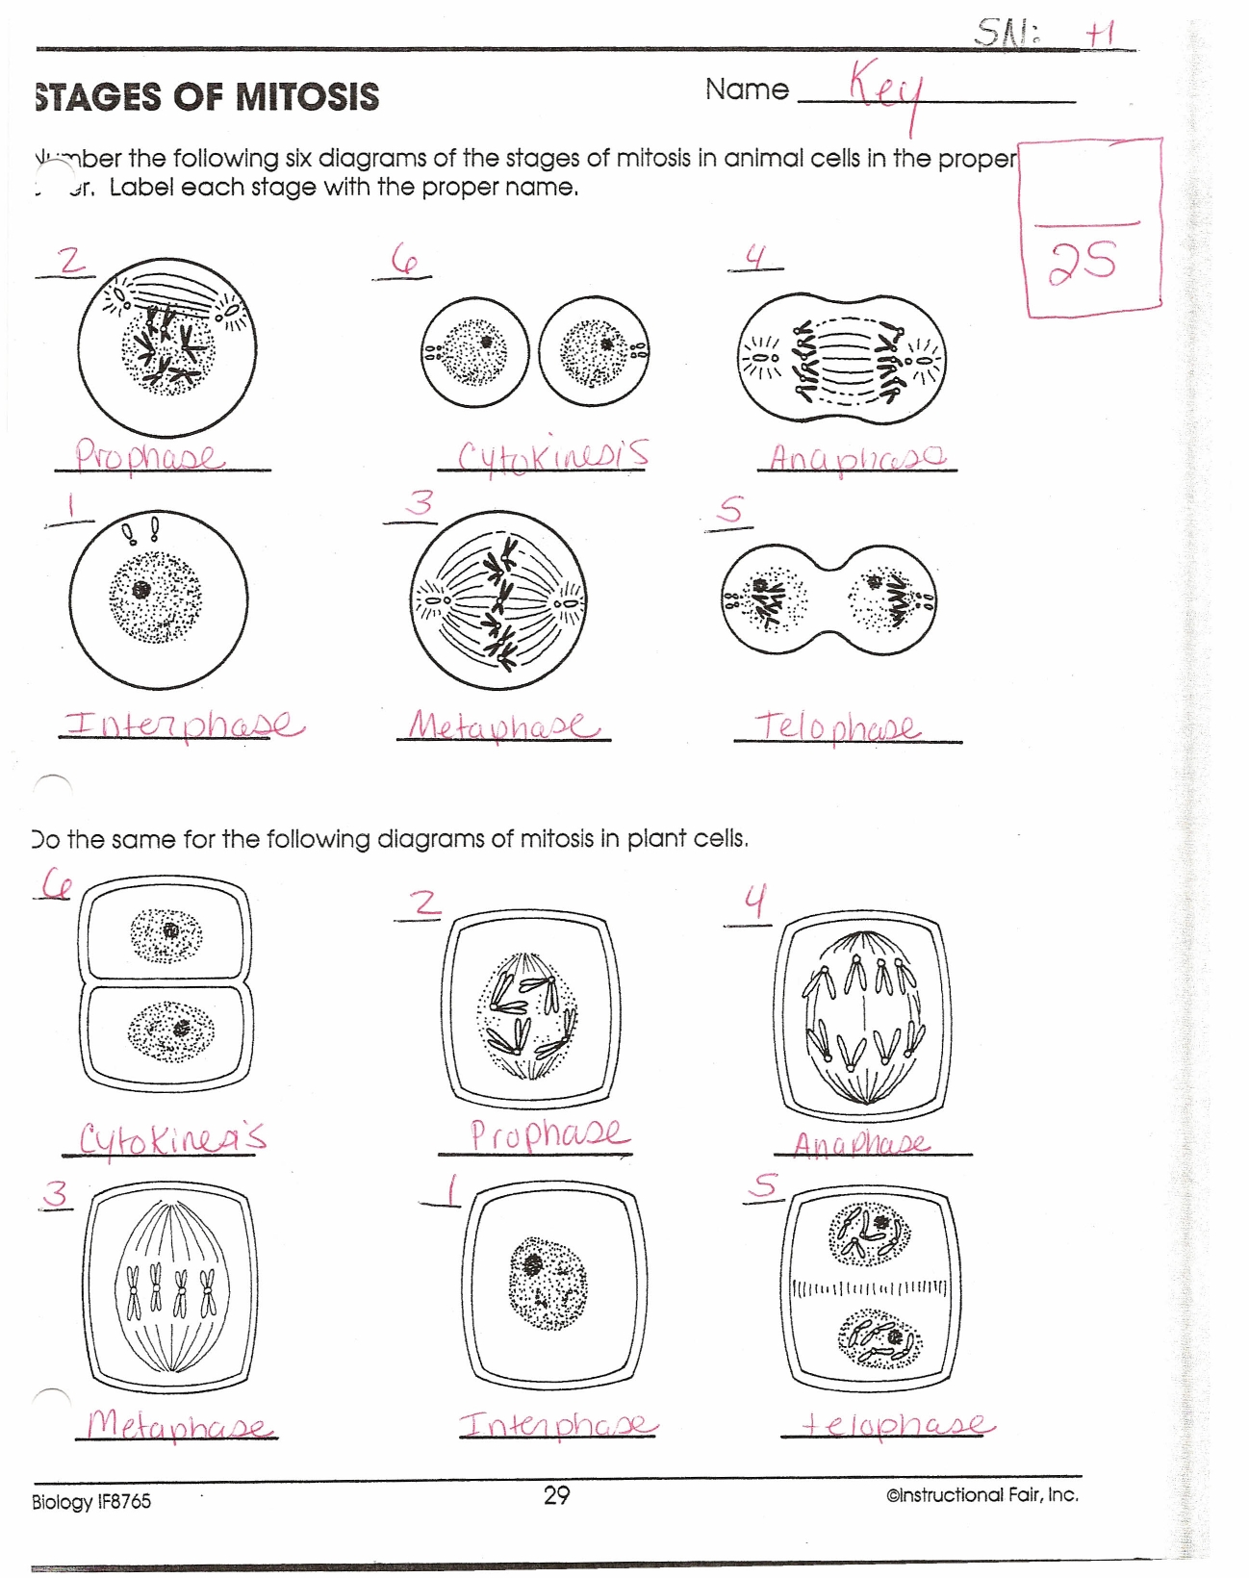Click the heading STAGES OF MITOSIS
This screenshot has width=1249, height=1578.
[207, 97]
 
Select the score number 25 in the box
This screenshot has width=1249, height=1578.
[1083, 263]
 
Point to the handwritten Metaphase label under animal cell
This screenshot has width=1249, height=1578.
[502, 725]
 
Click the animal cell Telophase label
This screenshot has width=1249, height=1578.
[837, 726]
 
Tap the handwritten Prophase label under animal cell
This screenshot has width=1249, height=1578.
[150, 454]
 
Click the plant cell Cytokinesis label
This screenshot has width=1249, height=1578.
[171, 1138]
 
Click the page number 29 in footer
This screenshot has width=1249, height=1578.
[556, 1495]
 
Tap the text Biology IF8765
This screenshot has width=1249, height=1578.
[91, 1501]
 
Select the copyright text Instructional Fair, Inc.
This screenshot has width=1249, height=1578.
[981, 1494]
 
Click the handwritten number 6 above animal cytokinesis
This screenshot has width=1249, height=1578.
[404, 259]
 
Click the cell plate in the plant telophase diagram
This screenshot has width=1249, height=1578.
[869, 1287]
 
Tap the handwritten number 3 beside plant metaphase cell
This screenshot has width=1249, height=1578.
[56, 1194]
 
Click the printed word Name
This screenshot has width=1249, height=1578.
[747, 89]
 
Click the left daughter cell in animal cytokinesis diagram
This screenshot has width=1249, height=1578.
[474, 351]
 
